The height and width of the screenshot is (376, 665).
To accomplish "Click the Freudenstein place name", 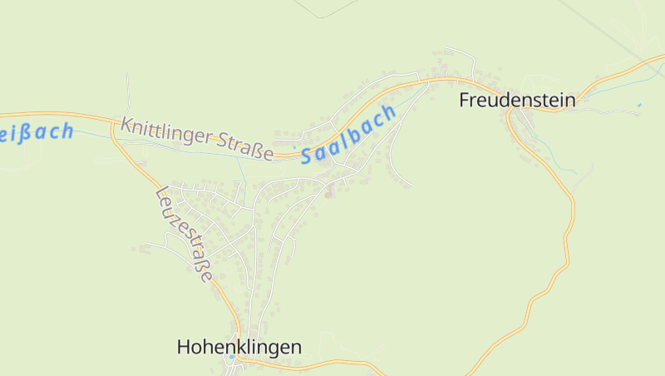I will [x=517, y=101].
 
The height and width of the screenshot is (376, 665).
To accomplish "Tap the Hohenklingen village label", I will [x=239, y=347].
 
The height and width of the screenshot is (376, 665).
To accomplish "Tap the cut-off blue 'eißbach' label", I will [x=37, y=131].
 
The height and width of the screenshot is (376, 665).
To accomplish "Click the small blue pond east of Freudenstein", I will [x=639, y=106].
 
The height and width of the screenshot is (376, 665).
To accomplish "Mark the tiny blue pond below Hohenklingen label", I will [x=231, y=357].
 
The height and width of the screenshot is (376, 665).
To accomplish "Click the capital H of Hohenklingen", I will [x=185, y=347].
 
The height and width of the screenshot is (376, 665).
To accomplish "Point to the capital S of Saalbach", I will [x=308, y=155].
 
